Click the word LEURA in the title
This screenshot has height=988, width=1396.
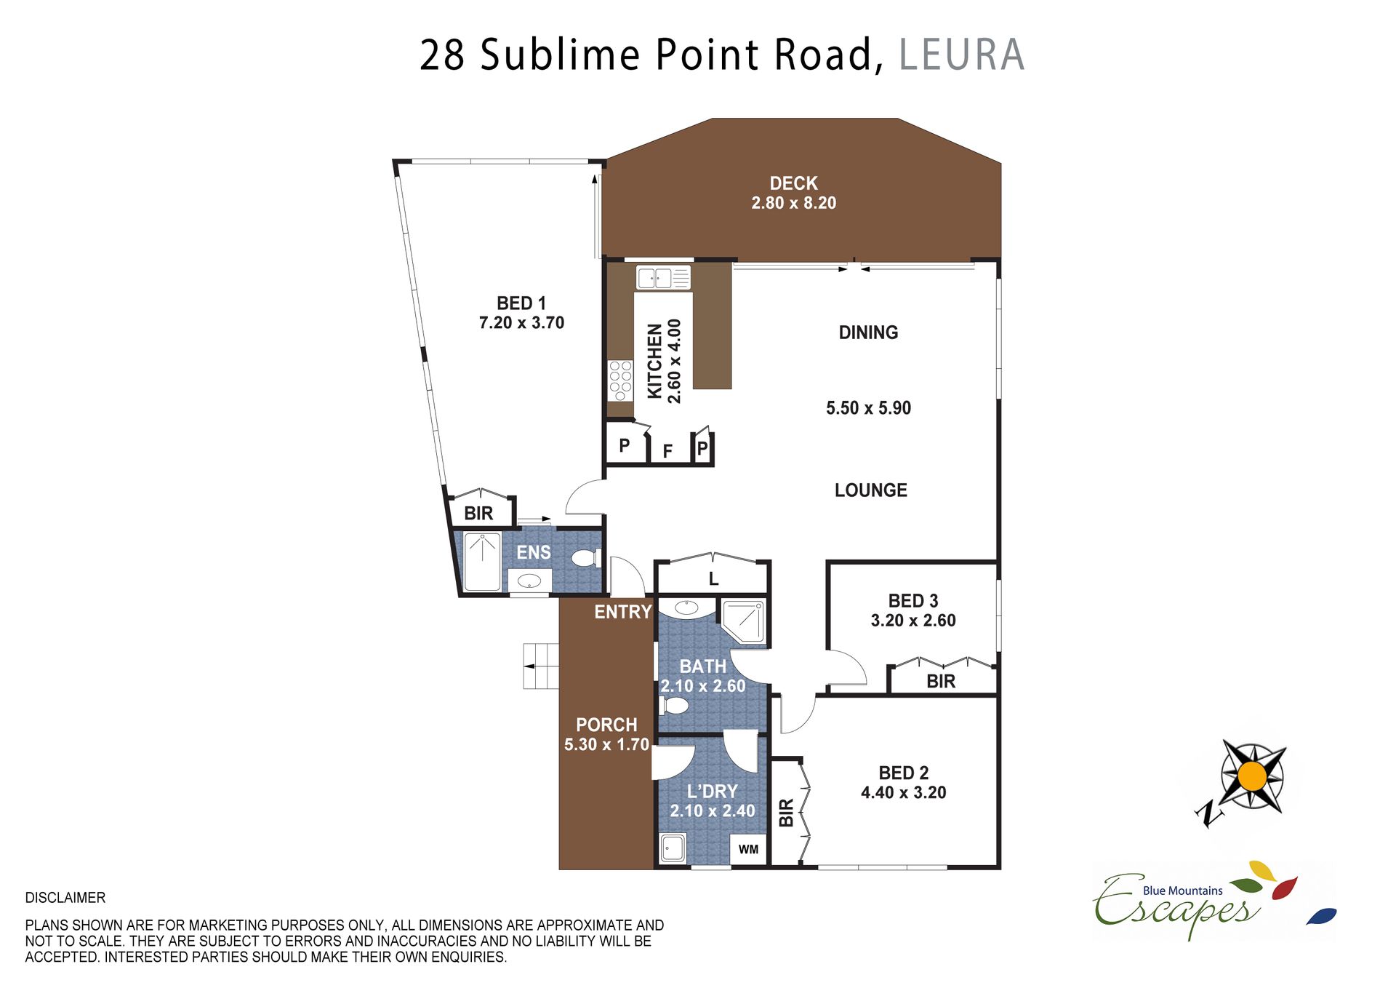click(961, 55)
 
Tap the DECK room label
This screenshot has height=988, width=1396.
click(793, 183)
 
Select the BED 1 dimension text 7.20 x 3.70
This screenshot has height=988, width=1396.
click(521, 322)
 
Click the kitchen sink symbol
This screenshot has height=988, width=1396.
click(663, 277)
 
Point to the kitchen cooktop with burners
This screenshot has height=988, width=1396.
click(620, 381)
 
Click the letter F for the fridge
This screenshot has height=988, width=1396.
click(667, 452)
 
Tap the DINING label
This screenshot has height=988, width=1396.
click(868, 332)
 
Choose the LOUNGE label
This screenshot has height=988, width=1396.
click(870, 490)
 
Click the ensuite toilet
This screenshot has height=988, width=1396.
click(586, 558)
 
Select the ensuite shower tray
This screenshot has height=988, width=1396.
click(482, 562)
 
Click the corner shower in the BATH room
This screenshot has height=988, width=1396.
click(743, 621)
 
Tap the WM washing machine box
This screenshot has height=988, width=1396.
click(748, 849)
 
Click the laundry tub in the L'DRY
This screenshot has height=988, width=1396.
click(673, 848)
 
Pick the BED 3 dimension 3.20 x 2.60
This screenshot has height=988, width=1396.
click(913, 621)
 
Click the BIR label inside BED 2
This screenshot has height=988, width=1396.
click(786, 813)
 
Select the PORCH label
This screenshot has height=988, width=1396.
click(606, 725)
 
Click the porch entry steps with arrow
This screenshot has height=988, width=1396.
click(541, 666)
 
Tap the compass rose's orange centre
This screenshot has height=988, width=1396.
click(1252, 777)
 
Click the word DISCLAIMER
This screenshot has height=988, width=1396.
click(65, 898)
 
